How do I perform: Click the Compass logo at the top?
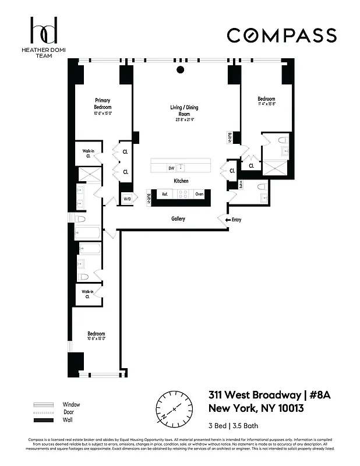[x=281, y=35]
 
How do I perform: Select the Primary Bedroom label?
[x=103, y=104]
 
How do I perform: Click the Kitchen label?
[x=181, y=181]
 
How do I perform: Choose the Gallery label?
[x=178, y=219]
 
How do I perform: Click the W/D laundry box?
[x=127, y=199]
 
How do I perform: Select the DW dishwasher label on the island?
[x=171, y=168]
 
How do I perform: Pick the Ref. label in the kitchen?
[x=165, y=194]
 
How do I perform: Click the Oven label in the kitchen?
[x=199, y=194]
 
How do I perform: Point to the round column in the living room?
[x=180, y=70]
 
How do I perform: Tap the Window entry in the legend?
[x=71, y=404]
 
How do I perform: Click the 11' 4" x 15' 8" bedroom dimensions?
[x=267, y=105]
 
